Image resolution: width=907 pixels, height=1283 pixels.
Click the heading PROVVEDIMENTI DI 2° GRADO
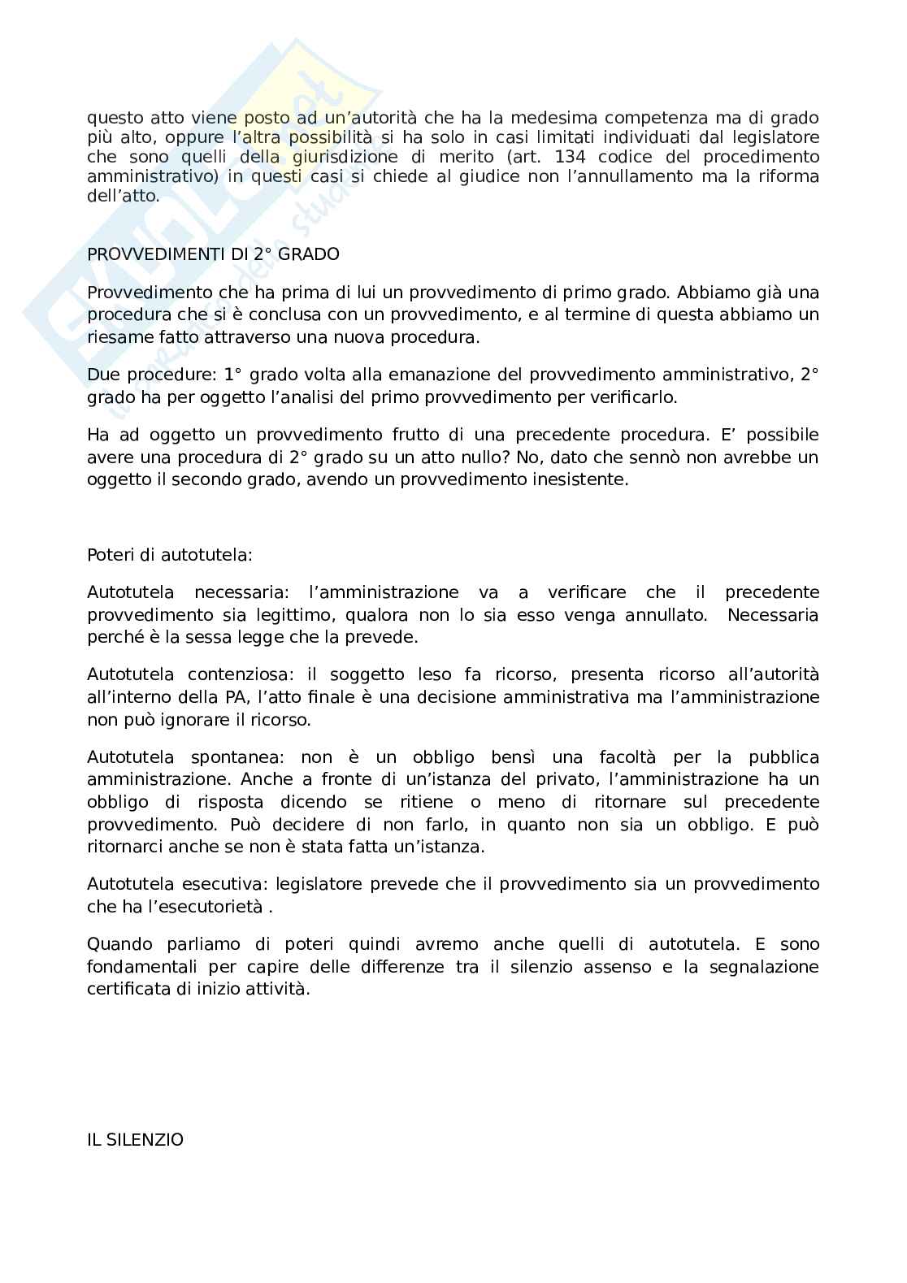point(213,254)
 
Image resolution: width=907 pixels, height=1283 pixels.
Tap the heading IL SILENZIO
point(135,1140)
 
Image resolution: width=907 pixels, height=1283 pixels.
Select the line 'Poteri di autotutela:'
point(170,555)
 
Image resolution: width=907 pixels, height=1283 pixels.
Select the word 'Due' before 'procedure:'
point(102,375)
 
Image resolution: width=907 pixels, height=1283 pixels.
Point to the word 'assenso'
point(619,967)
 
